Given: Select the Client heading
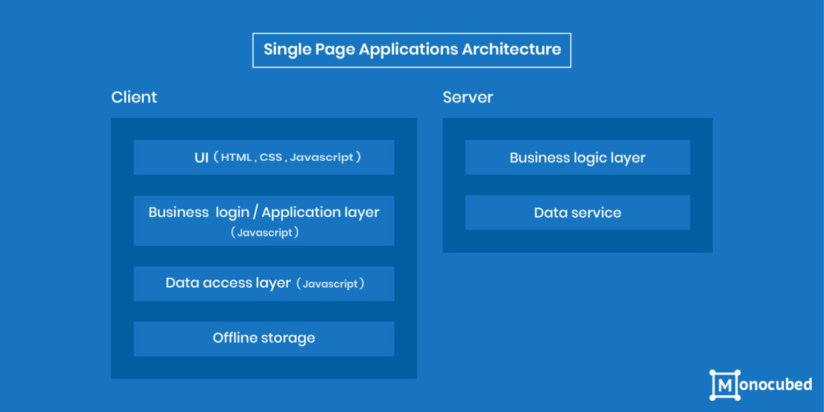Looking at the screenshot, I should (134, 97).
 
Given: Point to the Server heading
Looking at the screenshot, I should (468, 97).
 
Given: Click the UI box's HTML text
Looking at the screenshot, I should (236, 157).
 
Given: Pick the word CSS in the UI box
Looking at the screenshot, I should (271, 157).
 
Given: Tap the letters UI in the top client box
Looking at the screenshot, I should (201, 158).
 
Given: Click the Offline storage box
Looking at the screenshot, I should (264, 339).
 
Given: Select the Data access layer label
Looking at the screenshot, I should (228, 283).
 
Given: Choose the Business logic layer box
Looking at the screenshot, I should (577, 158).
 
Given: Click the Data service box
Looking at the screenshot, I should (577, 213).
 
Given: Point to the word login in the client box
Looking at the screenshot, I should (232, 212).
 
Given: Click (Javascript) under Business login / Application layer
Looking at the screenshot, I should (264, 232).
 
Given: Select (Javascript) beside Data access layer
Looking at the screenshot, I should (330, 284).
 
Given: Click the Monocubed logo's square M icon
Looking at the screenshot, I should (725, 385).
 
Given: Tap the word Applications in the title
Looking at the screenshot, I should (408, 50).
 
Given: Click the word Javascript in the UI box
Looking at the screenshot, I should (321, 157).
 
